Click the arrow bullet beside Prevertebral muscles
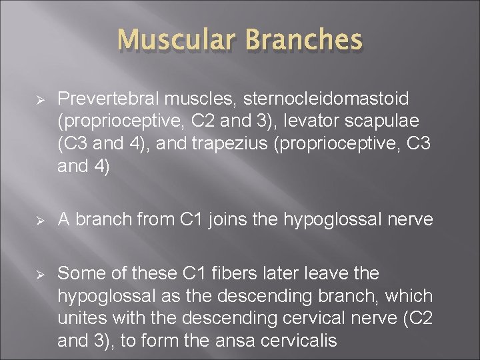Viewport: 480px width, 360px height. pos(40,99)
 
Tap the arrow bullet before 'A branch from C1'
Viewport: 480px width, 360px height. pos(40,220)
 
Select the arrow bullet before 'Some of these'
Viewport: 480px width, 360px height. pos(40,273)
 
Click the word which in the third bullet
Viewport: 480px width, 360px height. pos(412,296)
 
